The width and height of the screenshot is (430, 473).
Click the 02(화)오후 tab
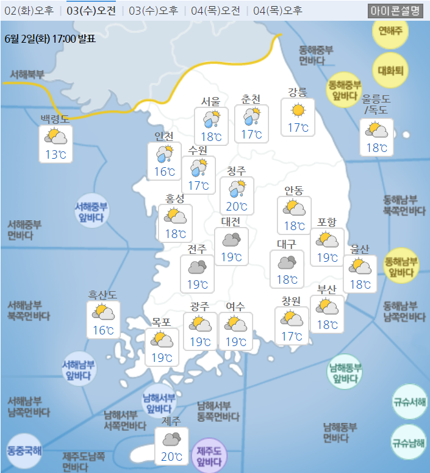coord(29,10)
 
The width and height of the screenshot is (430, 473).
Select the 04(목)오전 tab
coord(215,10)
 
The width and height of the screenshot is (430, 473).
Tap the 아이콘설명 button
coord(395,10)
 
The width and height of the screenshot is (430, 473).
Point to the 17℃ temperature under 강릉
coord(298,128)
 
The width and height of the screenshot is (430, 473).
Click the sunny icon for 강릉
coord(298,110)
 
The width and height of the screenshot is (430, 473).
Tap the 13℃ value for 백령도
coord(56,154)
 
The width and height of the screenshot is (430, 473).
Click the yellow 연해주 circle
coord(390,30)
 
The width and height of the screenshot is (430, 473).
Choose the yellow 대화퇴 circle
coord(390,70)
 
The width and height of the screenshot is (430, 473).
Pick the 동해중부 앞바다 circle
coord(345,90)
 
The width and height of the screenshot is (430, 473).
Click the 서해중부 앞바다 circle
coord(91,211)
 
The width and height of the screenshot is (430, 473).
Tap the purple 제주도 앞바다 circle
coord(209,456)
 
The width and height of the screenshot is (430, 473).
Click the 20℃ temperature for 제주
coord(171,457)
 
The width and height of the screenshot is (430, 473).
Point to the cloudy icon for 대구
coord(287,262)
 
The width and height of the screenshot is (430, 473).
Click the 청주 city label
coord(236,170)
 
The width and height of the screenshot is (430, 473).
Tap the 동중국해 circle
coord(24,452)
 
